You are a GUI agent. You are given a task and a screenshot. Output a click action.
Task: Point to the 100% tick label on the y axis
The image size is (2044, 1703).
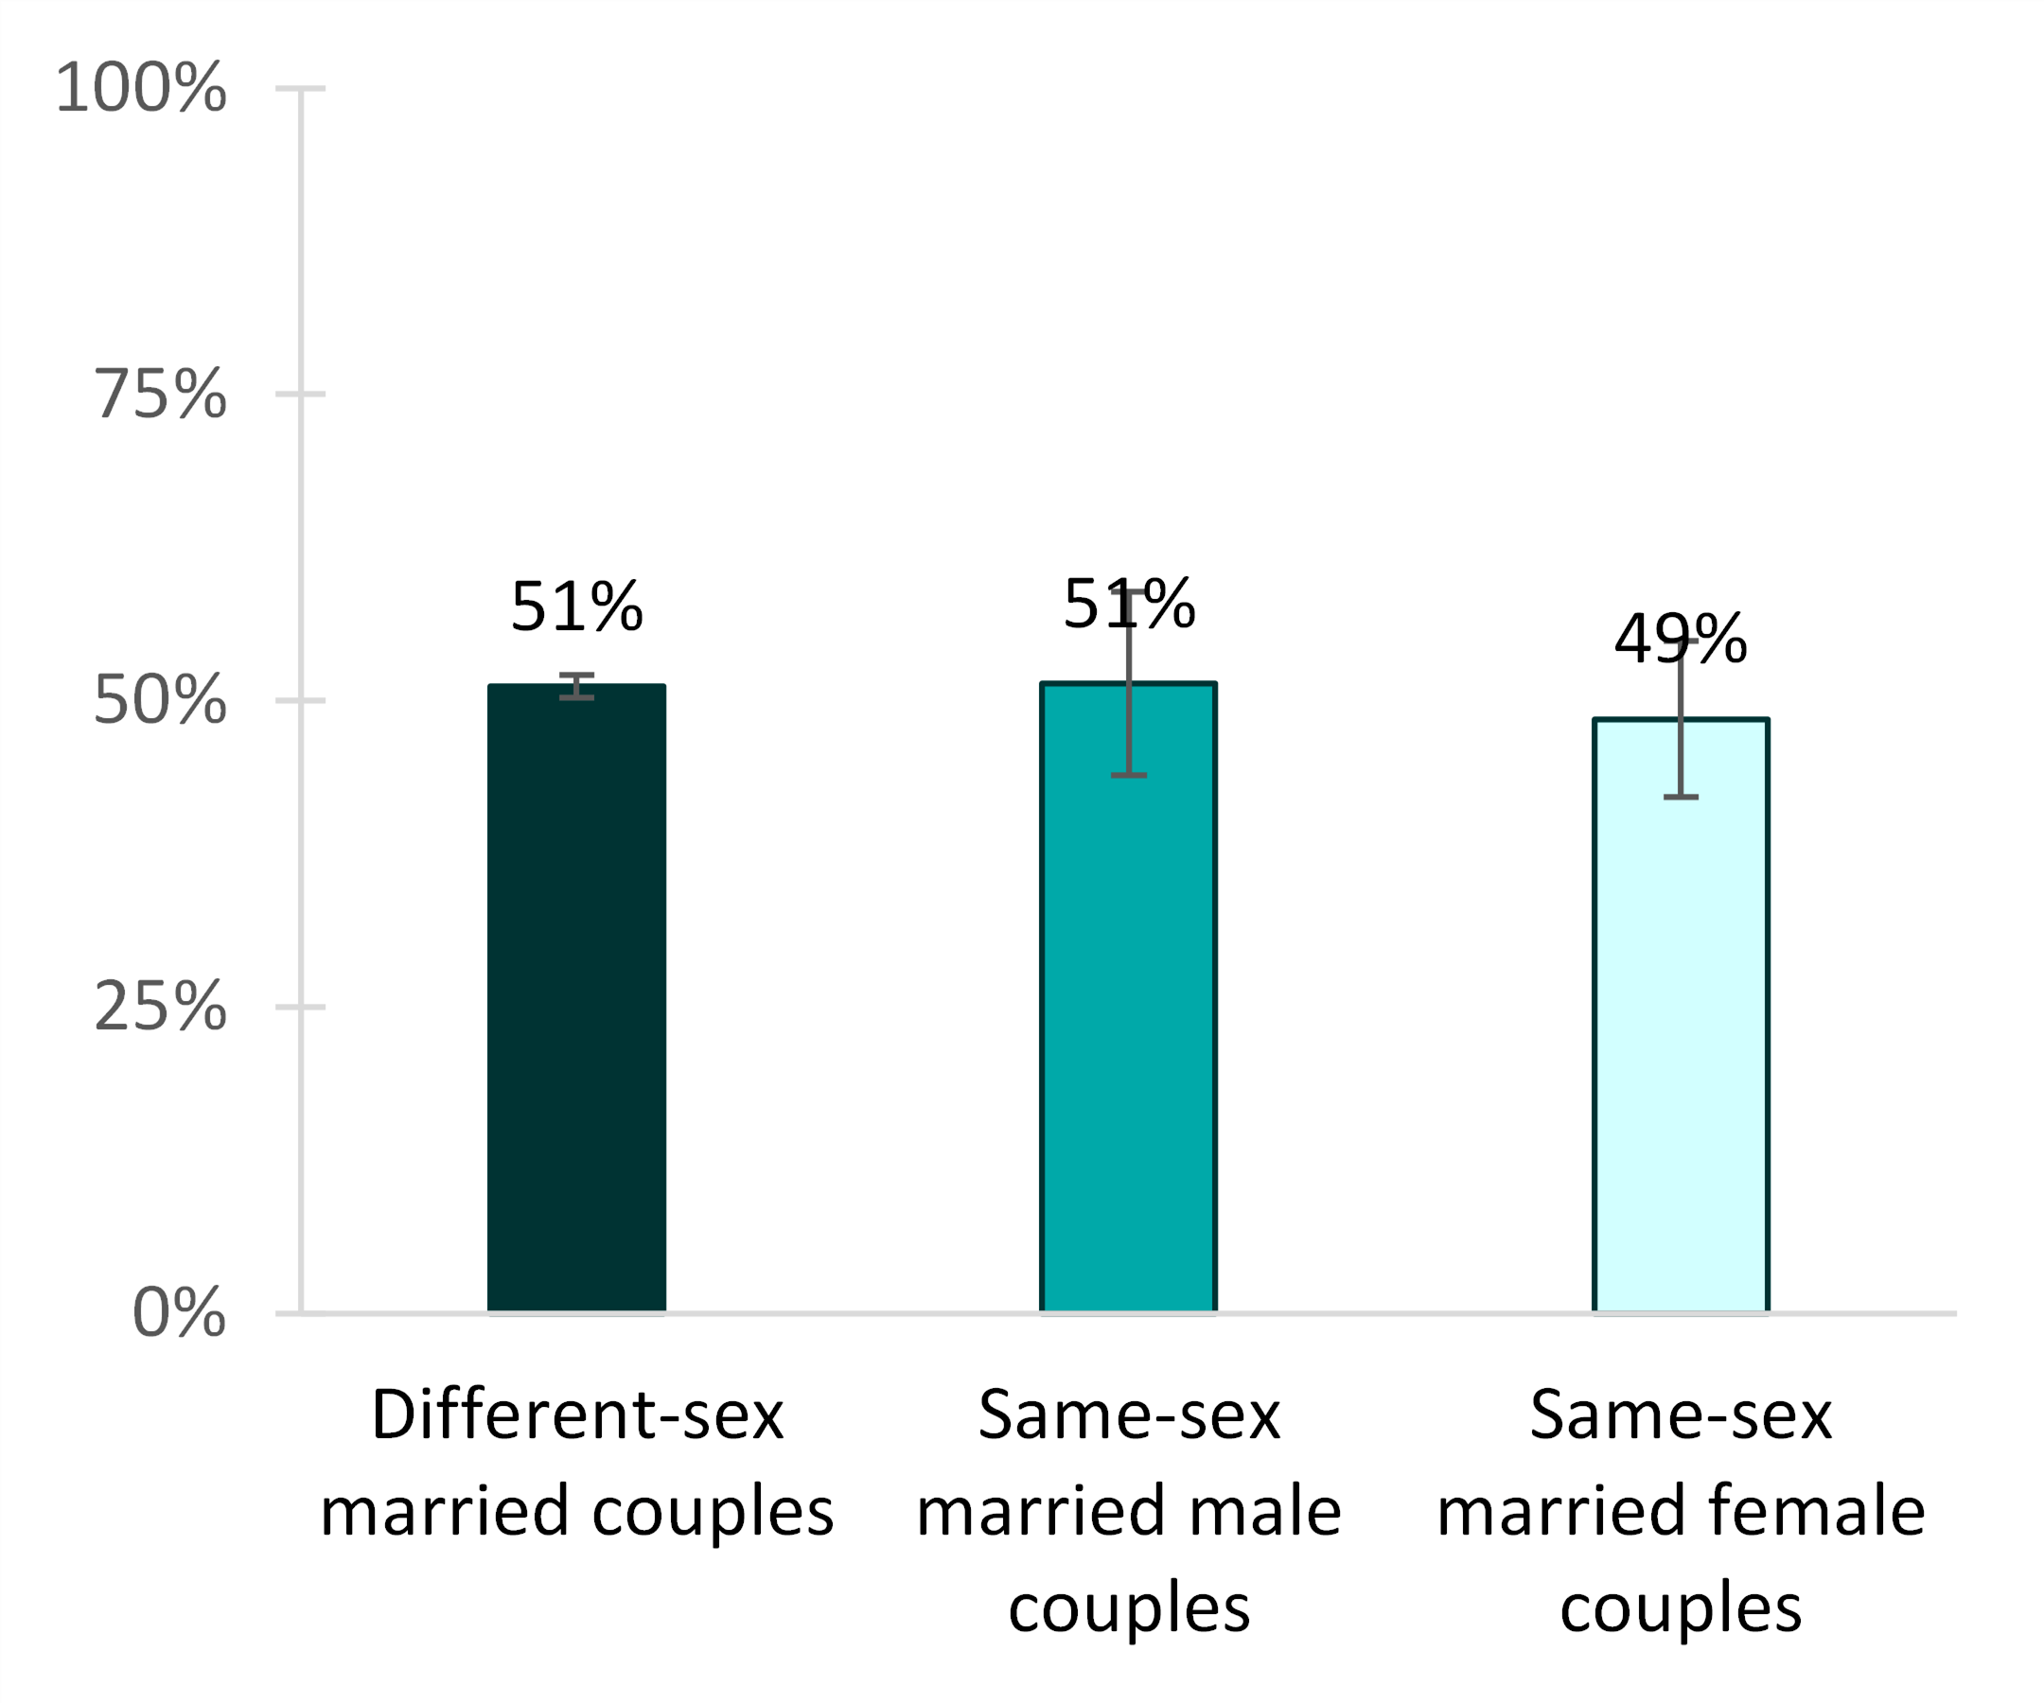[x=141, y=88]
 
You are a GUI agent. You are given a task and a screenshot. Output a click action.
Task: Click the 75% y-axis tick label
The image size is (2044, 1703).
[x=161, y=395]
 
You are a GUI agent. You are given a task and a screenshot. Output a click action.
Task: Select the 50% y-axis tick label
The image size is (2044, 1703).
[x=161, y=700]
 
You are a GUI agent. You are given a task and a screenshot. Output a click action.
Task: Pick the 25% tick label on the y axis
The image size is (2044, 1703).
[x=161, y=1007]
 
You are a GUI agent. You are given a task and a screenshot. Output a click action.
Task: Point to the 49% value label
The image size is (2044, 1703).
[x=1680, y=640]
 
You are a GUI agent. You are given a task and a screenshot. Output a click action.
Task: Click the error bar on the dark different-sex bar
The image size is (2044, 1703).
[x=576, y=686]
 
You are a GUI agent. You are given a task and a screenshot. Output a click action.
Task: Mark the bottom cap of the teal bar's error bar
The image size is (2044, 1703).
[x=1128, y=776]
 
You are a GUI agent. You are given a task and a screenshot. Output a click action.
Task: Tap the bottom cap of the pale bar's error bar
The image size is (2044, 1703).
[x=1680, y=797]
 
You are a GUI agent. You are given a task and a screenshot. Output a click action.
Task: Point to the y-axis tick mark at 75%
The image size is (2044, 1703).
[x=300, y=395]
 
